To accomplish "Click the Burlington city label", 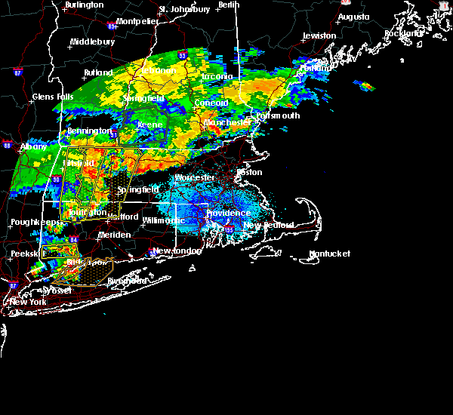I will (85, 5).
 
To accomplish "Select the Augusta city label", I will (353, 17).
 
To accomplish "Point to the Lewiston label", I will (319, 36).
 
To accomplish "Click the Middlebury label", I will (92, 42).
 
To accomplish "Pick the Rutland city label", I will (98, 73).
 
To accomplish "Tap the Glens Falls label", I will (53, 97).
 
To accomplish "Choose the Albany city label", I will (34, 146).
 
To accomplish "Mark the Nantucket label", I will (331, 254).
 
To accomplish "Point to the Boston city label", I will (249, 172).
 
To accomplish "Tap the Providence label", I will (228, 214).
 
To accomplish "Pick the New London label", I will (176, 251).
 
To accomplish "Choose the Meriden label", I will (113, 235).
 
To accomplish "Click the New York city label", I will (27, 302).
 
